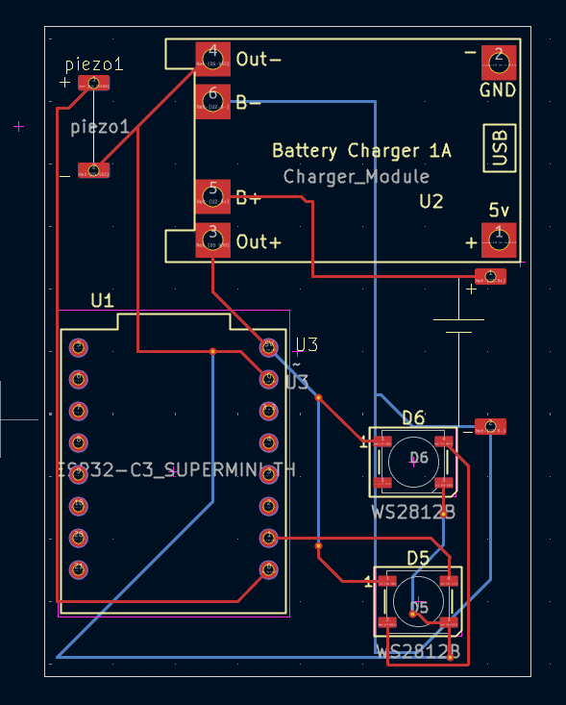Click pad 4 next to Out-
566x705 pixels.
click(x=212, y=59)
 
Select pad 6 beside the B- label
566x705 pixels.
click(x=212, y=99)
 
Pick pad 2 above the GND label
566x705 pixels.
click(x=498, y=62)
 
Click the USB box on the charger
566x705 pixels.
click(x=500, y=148)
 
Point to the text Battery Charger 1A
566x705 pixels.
click(x=361, y=151)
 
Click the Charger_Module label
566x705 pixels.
click(x=356, y=177)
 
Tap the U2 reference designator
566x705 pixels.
click(x=431, y=202)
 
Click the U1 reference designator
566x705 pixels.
click(x=102, y=300)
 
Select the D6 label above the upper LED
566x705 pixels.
click(x=413, y=417)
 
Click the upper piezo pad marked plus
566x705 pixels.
click(x=93, y=84)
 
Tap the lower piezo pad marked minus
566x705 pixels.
click(x=93, y=170)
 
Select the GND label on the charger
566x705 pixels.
click(x=498, y=90)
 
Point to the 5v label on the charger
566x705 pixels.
click(x=498, y=210)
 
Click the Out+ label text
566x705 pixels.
click(x=258, y=241)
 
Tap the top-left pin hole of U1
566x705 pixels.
click(x=78, y=347)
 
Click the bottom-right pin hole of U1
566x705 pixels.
click(x=269, y=568)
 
